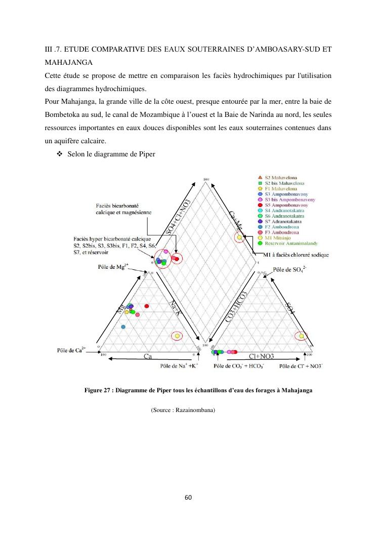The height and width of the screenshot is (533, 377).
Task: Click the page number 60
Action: coord(188,497)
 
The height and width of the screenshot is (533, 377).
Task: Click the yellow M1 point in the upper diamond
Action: coord(238,237)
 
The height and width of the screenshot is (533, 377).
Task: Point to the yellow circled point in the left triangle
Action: coord(177,335)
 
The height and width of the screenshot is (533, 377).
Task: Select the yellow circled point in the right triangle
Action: coord(302,336)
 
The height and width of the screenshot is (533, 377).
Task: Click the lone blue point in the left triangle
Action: coord(123,327)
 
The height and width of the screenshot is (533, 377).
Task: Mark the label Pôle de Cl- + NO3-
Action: coord(301,365)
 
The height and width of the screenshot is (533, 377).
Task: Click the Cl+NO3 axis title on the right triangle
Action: coord(262,357)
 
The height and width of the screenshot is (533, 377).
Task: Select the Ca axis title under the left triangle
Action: coord(148,357)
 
